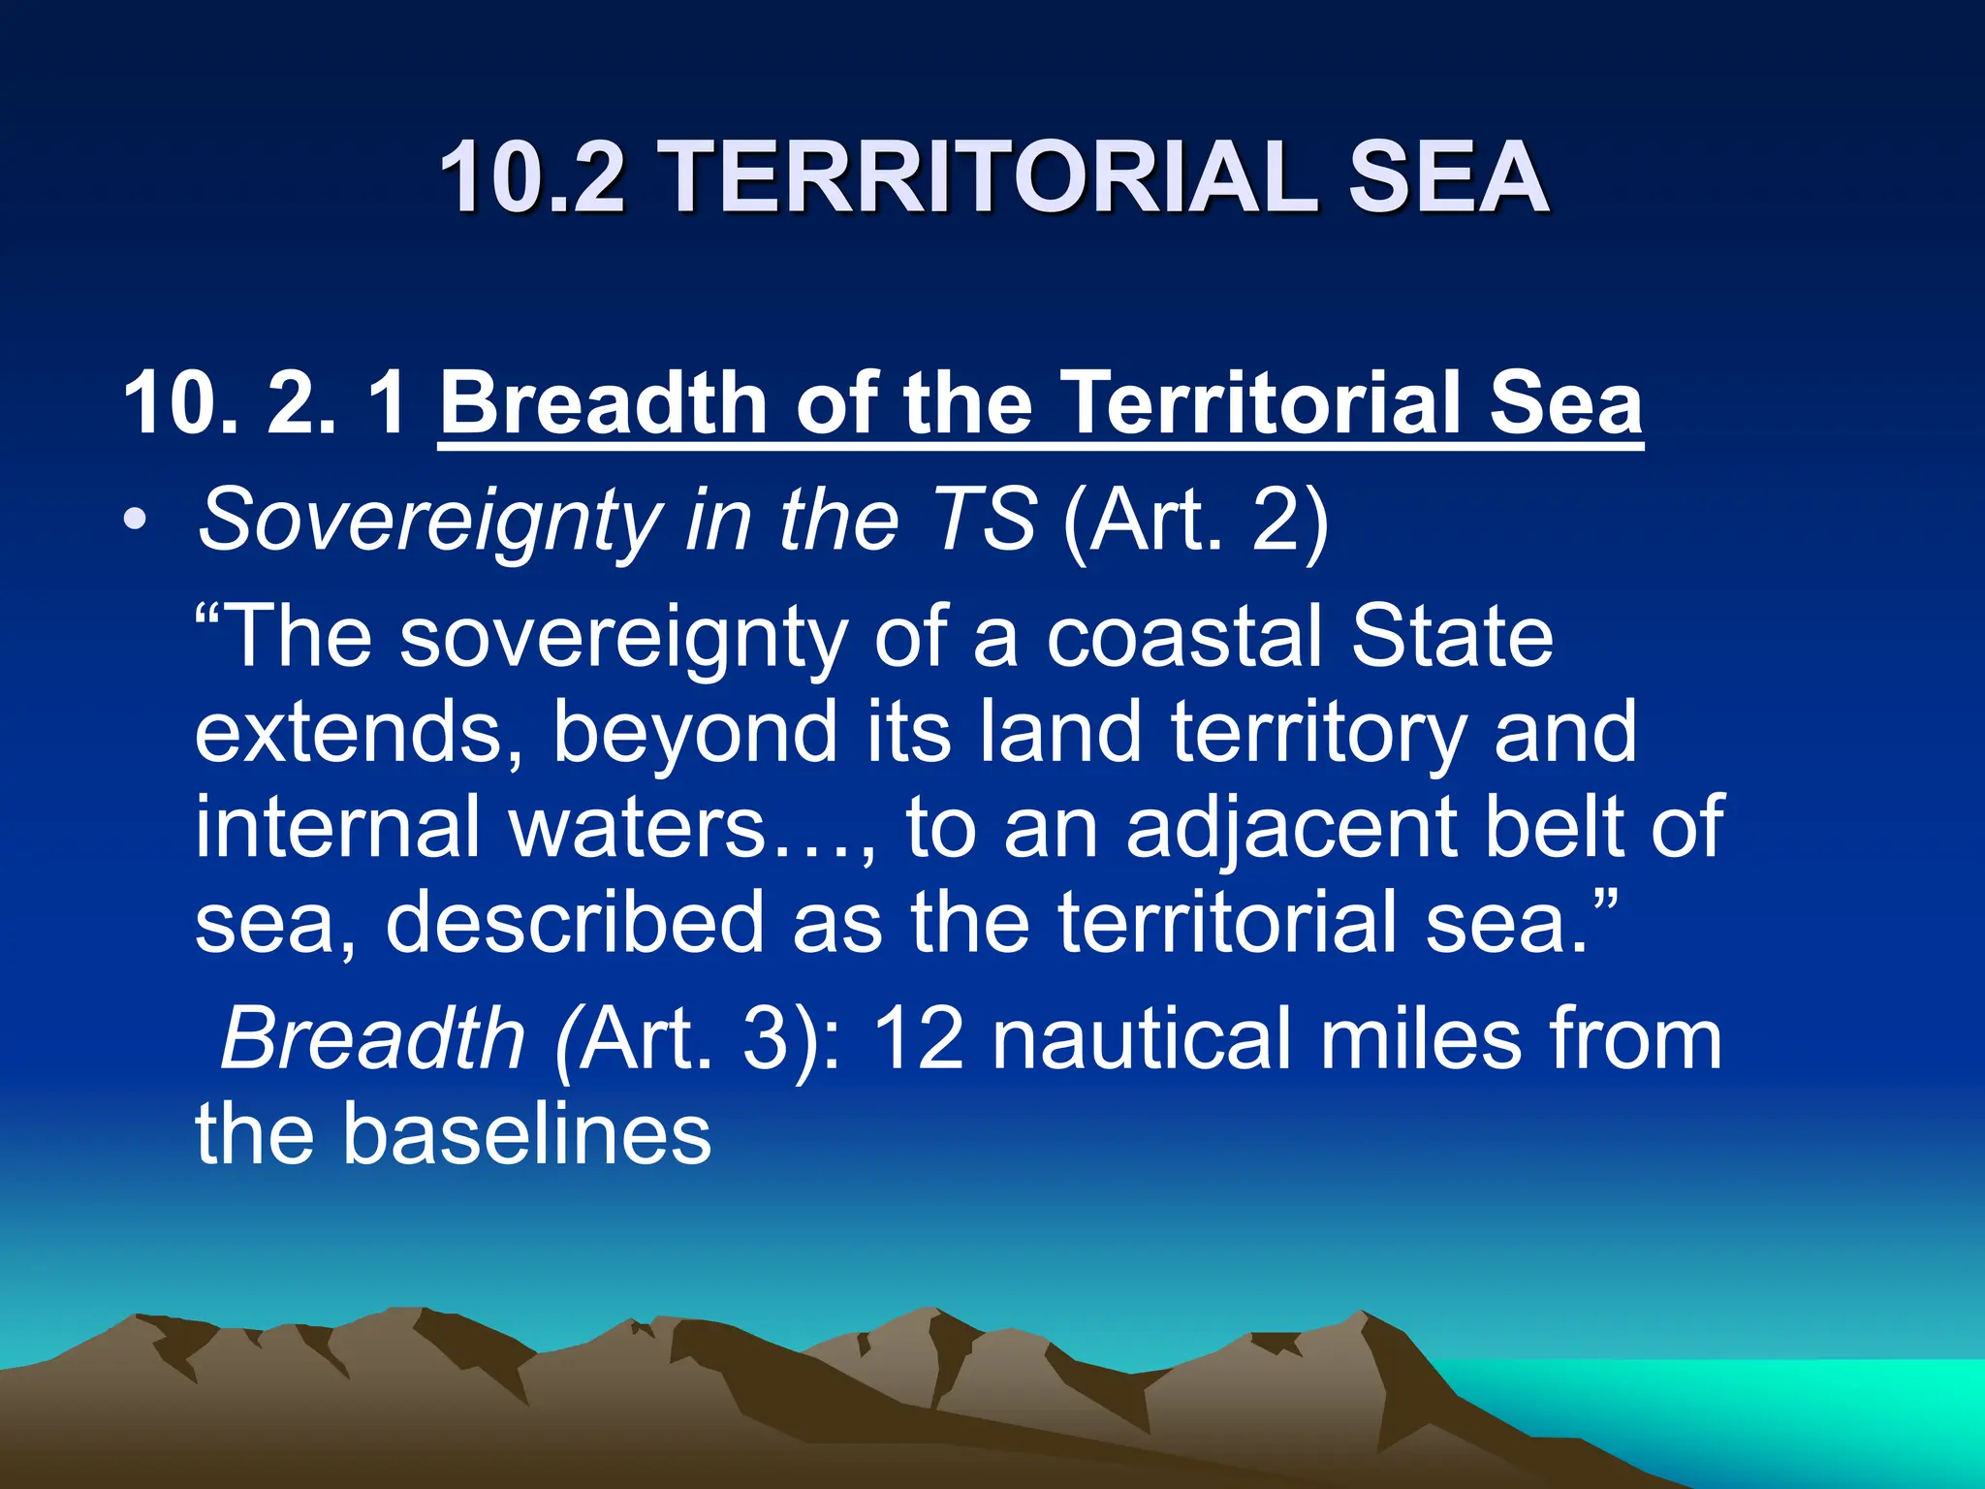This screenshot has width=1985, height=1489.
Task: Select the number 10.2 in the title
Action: (x=532, y=176)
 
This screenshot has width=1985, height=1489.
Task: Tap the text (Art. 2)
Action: (x=1195, y=521)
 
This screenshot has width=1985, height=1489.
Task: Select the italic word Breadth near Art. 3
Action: (x=373, y=1038)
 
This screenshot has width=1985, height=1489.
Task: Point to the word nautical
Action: (x=1143, y=1038)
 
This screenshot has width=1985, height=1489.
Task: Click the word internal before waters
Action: (x=338, y=827)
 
